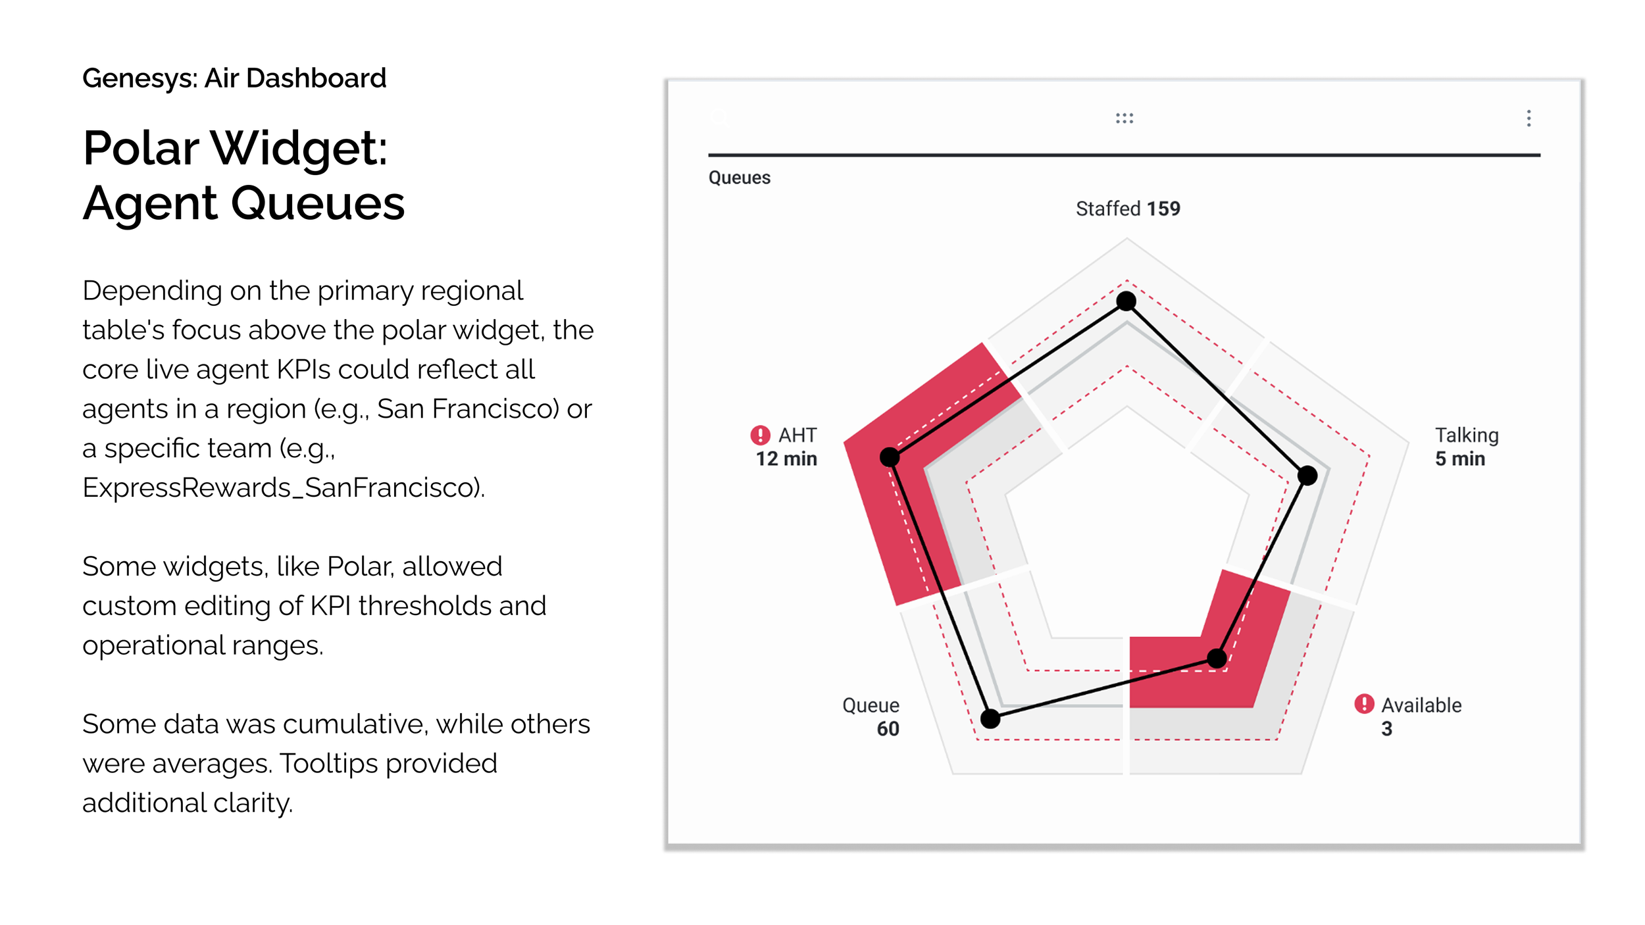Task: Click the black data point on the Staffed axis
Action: tap(1126, 301)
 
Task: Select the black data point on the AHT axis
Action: tap(890, 457)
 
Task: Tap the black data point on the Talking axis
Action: tap(1307, 475)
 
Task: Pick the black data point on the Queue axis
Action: tap(990, 718)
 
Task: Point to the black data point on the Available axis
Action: tap(1217, 658)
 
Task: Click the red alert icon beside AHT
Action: tap(760, 435)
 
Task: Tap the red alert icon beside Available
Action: tap(1364, 704)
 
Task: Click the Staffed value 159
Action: tap(1163, 209)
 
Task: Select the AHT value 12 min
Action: tap(786, 459)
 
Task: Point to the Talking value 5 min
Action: tap(1460, 459)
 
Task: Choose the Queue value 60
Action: tap(888, 728)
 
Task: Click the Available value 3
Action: tap(1386, 728)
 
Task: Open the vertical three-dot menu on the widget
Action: tap(1529, 118)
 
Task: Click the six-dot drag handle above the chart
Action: tap(1125, 118)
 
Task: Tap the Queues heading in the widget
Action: tap(740, 178)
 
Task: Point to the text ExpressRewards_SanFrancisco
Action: tap(283, 488)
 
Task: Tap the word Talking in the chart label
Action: tap(1467, 436)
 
